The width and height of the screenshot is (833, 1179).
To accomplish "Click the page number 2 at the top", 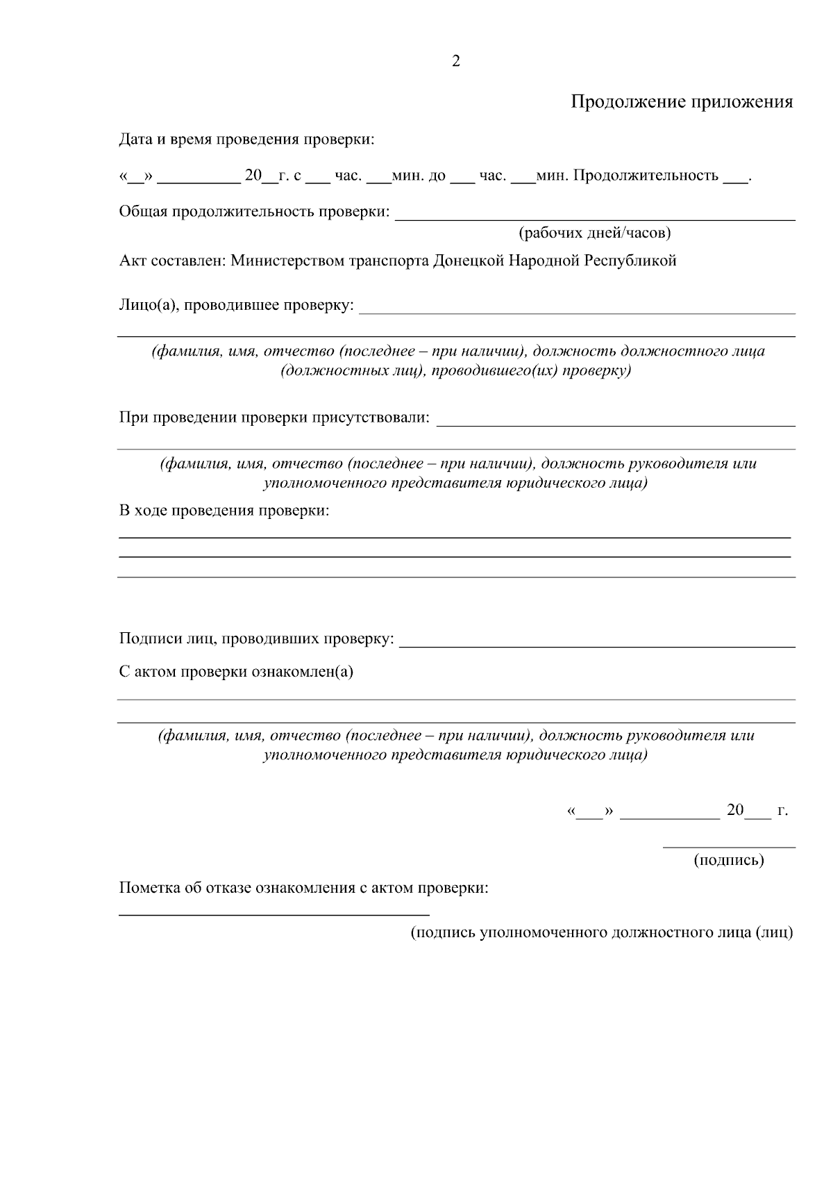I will [x=455, y=62].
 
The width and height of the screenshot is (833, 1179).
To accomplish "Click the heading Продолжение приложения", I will [x=681, y=102].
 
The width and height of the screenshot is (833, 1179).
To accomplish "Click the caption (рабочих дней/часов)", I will [x=595, y=233].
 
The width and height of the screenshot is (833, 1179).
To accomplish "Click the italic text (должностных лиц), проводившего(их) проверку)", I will [x=455, y=371].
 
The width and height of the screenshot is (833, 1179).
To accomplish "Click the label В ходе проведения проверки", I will [x=224, y=511].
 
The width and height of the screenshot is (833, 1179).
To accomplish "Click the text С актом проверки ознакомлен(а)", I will [x=236, y=672].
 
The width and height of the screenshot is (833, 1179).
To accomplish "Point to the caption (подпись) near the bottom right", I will [x=728, y=860].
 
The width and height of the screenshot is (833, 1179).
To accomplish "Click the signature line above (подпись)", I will [x=729, y=847].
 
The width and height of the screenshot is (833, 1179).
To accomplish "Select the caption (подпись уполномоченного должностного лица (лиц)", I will [x=601, y=932].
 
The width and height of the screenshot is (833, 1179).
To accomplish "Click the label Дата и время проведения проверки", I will [x=246, y=139].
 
